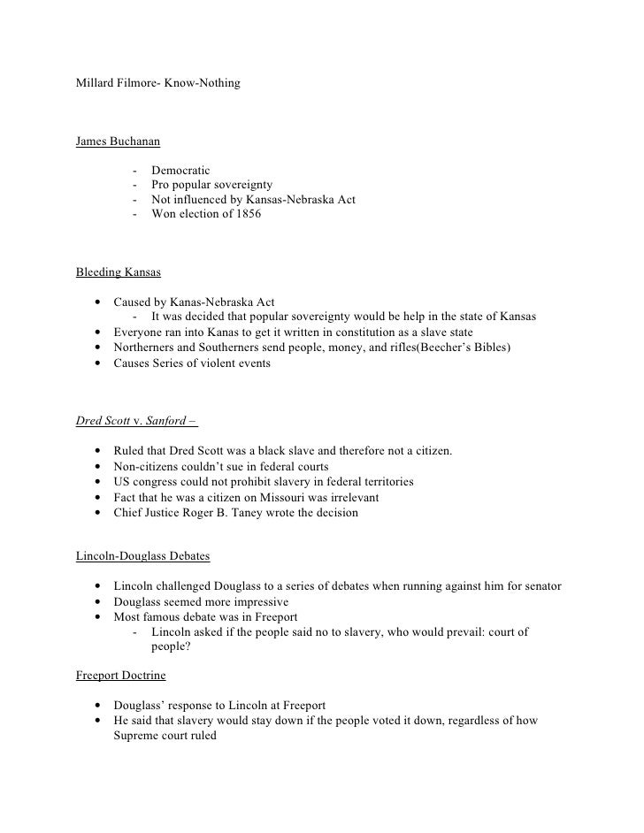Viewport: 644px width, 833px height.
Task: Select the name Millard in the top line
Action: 96,83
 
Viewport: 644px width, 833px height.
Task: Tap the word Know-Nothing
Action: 202,83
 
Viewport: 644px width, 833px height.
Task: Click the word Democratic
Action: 181,170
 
